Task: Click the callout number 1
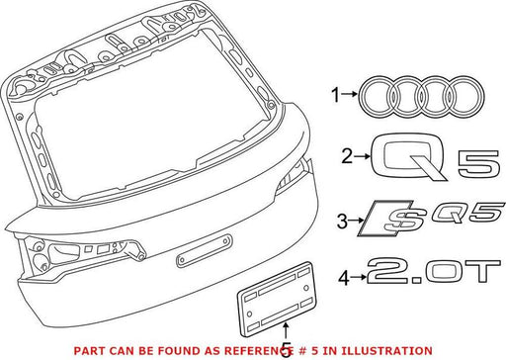(335, 95)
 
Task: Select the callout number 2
(347, 156)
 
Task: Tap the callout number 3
(342, 221)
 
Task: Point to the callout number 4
(344, 278)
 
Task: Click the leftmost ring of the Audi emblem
(361, 97)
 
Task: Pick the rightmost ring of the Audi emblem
(481, 97)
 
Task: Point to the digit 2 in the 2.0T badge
(388, 271)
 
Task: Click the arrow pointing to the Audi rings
(349, 94)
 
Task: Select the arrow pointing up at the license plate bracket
(287, 330)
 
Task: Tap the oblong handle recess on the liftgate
(205, 250)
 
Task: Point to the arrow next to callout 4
(358, 278)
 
